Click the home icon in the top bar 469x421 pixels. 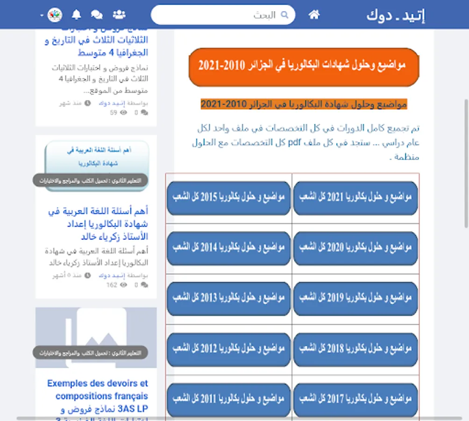tap(314, 15)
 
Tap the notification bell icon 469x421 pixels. tap(77, 15)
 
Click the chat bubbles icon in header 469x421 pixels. tap(97, 15)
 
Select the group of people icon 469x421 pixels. tap(119, 15)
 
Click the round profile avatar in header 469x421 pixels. tap(55, 15)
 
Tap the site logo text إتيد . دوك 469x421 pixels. tap(396, 15)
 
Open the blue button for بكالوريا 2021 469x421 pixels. tap(355, 198)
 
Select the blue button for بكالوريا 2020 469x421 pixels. tap(355, 248)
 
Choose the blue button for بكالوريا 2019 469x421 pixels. tap(355, 298)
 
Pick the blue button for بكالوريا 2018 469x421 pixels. tap(355, 349)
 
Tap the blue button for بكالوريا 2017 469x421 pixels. tap(355, 399)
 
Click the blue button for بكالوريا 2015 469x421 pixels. tap(228, 198)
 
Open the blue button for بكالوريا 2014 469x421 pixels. tap(228, 248)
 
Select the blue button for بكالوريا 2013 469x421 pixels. tap(228, 298)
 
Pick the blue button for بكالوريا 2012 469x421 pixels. tap(228, 349)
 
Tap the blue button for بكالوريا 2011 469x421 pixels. tap(228, 399)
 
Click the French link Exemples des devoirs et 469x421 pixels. tap(98, 384)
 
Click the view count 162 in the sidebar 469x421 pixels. tap(112, 285)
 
